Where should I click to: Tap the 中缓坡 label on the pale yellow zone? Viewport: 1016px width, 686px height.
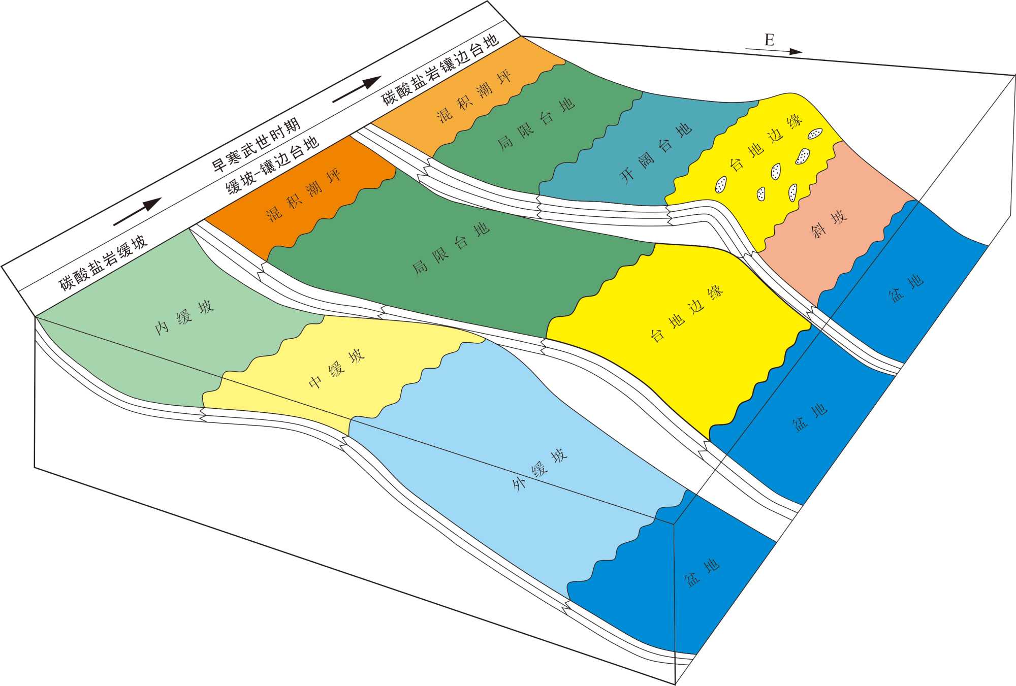click(x=337, y=369)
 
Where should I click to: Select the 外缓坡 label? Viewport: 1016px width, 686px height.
click(x=539, y=470)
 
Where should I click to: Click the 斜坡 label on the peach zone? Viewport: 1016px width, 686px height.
click(x=829, y=224)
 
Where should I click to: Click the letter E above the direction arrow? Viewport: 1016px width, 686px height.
click(x=769, y=40)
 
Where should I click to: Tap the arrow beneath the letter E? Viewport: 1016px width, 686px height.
click(x=774, y=50)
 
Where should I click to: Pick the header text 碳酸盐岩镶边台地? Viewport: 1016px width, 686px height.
click(x=440, y=69)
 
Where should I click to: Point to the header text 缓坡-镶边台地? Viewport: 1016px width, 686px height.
click(x=272, y=165)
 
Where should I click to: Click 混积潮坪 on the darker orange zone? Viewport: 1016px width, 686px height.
click(x=303, y=195)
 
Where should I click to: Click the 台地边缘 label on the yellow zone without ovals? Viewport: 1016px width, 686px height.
click(x=687, y=313)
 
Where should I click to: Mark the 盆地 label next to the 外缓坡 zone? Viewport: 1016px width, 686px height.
click(x=702, y=573)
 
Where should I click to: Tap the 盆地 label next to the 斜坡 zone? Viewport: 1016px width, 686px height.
click(x=906, y=288)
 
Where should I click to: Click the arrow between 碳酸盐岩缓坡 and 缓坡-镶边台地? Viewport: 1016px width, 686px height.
click(x=137, y=212)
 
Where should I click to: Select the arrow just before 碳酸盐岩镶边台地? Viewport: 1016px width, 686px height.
click(x=357, y=89)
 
